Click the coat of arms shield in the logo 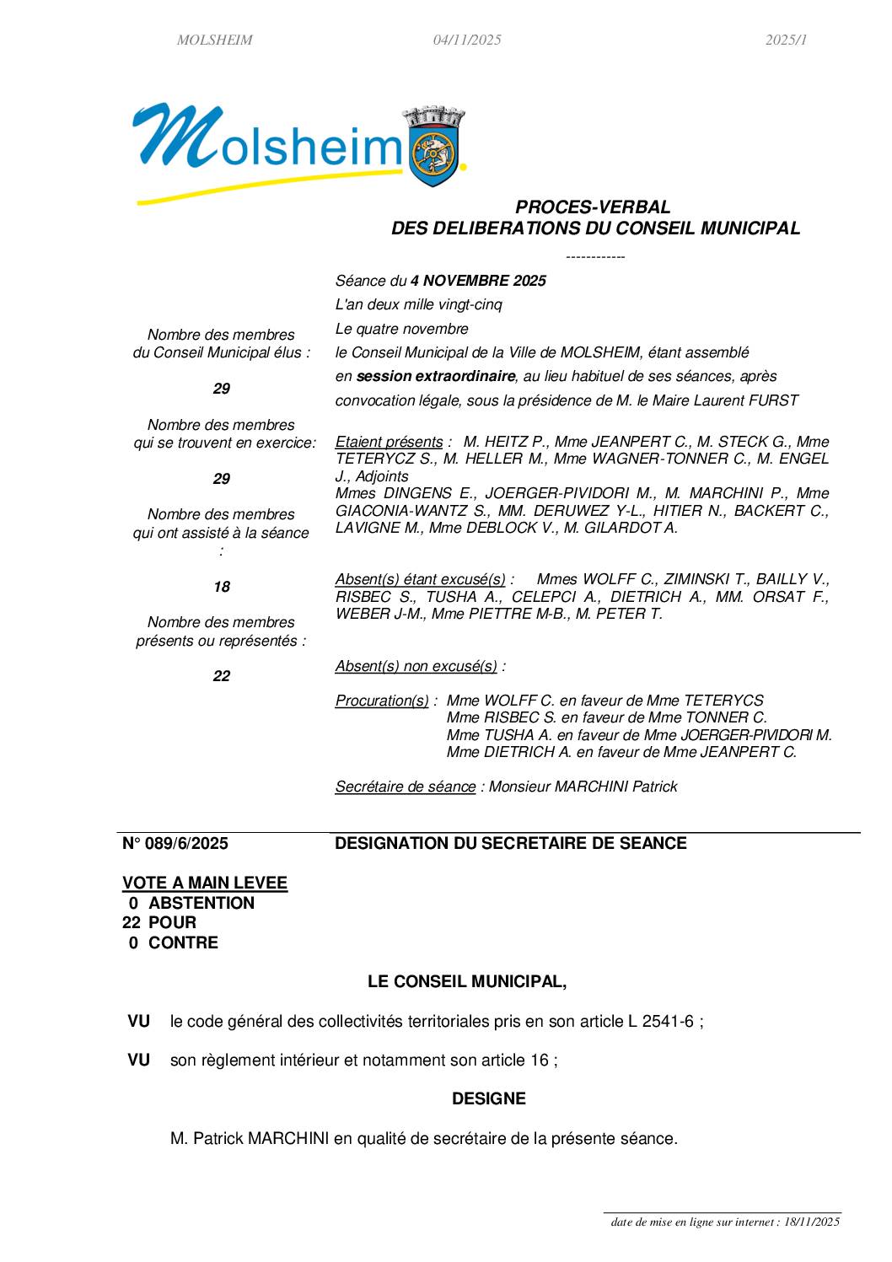pos(435,150)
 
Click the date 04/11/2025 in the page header pos(467,40)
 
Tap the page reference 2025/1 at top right pos(786,40)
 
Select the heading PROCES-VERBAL pos(593,207)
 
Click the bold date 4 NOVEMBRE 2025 pos(478,281)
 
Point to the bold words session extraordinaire pos(435,376)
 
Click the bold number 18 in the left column pos(221,587)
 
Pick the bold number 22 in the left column pos(221,676)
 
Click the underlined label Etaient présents pos(389,442)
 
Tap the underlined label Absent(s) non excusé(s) pos(416,666)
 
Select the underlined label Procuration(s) pos(382,701)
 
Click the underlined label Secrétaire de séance pos(405,787)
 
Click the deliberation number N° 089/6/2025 pos(175,843)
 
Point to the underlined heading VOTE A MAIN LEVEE pos(205,883)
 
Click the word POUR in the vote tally pos(172,922)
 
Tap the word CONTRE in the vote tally pos(183,942)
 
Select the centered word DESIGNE pos(489,1098)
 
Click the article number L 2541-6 pos(661,1021)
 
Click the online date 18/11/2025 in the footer pos(812,1222)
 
